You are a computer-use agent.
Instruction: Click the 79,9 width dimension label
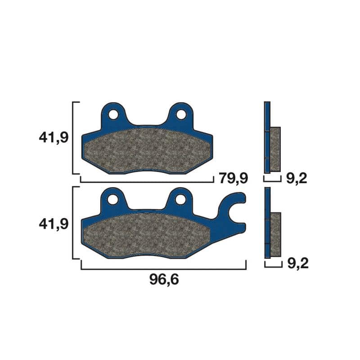pyautogui.click(x=233, y=178)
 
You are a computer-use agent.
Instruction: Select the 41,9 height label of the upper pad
pyautogui.click(x=54, y=138)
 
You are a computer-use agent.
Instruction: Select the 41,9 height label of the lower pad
pyautogui.click(x=54, y=223)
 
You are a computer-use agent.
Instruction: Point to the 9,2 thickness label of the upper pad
pyautogui.click(x=296, y=179)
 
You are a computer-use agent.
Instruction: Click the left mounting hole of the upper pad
pyautogui.click(x=113, y=114)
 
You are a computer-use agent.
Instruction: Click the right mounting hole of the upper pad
pyautogui.click(x=181, y=114)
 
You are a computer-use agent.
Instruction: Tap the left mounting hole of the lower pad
pyautogui.click(x=113, y=199)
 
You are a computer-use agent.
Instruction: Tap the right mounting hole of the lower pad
pyautogui.click(x=181, y=199)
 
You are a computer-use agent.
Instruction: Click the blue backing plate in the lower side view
pyautogui.click(x=267, y=223)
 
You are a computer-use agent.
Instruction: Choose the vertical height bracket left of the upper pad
pyautogui.click(x=73, y=138)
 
